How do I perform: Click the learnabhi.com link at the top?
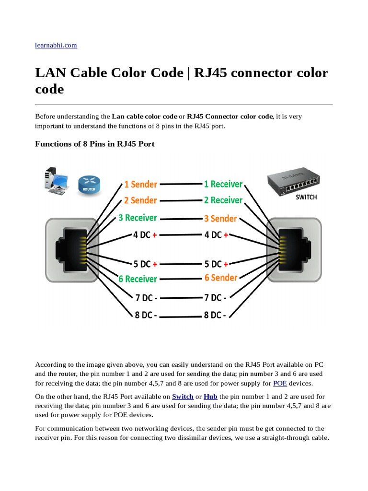(56, 45)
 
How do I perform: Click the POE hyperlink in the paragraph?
(280, 383)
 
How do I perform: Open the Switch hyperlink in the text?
(183, 397)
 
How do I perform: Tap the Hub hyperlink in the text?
(210, 397)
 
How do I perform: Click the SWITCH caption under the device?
(306, 197)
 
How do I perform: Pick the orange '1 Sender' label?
(140, 184)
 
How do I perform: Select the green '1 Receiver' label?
(223, 184)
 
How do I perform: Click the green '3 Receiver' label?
(138, 218)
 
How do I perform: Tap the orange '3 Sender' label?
(220, 219)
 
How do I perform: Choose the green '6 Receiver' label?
(138, 279)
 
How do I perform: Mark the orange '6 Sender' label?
(221, 278)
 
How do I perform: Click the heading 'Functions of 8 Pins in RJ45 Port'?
(95, 144)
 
